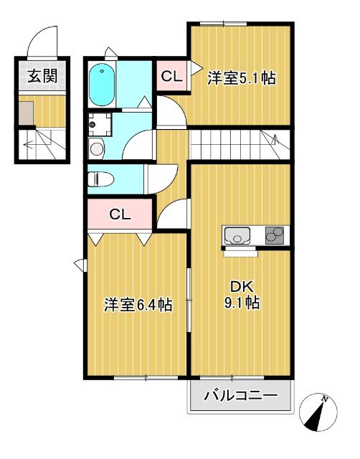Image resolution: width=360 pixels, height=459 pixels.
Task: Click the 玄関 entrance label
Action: (42, 77)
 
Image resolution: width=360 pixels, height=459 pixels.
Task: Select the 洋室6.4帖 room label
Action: (138, 306)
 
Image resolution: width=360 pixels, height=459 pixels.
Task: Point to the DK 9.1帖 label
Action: (241, 295)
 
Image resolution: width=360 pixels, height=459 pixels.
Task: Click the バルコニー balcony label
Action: (241, 395)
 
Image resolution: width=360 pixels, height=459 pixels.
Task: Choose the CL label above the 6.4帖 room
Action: (119, 214)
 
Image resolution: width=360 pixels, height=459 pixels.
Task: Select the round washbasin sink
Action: (95, 148)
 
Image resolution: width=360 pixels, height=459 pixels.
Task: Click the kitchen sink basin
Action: (238, 235)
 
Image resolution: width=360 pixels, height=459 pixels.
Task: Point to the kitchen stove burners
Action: (275, 235)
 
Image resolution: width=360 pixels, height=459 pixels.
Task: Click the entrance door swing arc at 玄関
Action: (45, 42)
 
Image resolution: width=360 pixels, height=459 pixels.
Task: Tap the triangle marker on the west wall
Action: (79, 265)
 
